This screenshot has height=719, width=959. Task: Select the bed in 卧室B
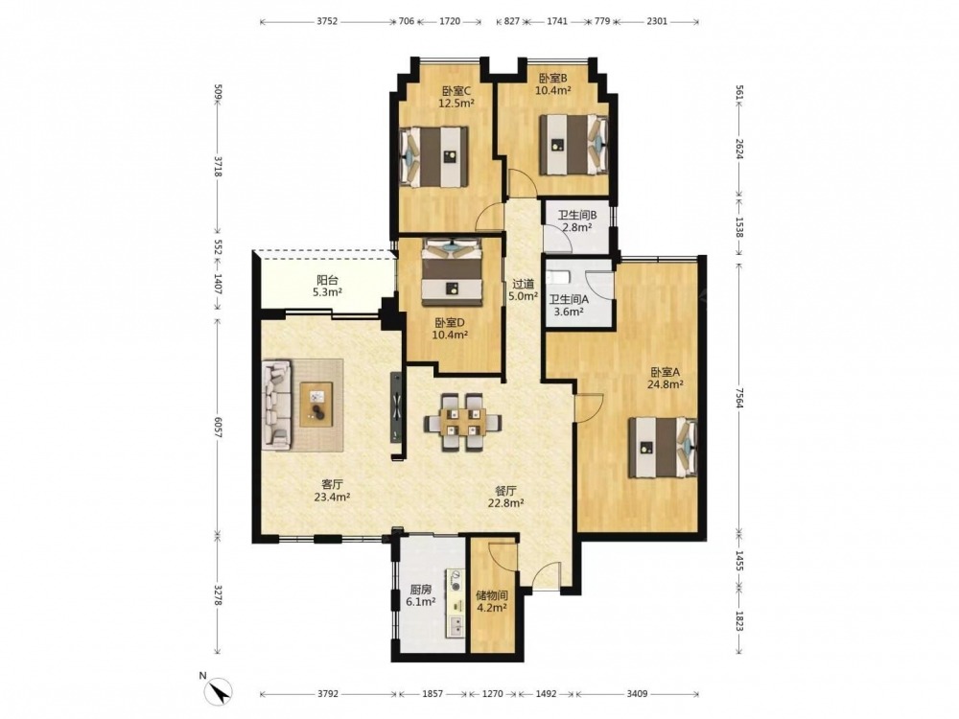(x=573, y=145)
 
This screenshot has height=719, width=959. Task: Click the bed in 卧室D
(x=452, y=272)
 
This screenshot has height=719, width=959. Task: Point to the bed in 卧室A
(x=663, y=447)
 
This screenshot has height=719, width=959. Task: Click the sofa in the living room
(x=276, y=405)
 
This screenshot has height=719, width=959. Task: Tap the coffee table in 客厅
(x=316, y=405)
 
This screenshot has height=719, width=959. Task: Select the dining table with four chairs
(x=463, y=422)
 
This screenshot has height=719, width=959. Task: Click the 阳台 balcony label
(x=327, y=281)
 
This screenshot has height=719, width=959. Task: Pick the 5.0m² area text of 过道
(x=523, y=296)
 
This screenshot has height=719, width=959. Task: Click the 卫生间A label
(x=569, y=299)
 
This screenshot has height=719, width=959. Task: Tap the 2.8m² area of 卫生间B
(x=576, y=227)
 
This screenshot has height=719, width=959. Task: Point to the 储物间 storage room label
(x=492, y=595)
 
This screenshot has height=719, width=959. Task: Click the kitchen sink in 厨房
(x=455, y=625)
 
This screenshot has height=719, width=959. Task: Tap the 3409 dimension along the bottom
(x=637, y=694)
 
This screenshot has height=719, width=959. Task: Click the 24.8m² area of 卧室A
(x=666, y=384)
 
